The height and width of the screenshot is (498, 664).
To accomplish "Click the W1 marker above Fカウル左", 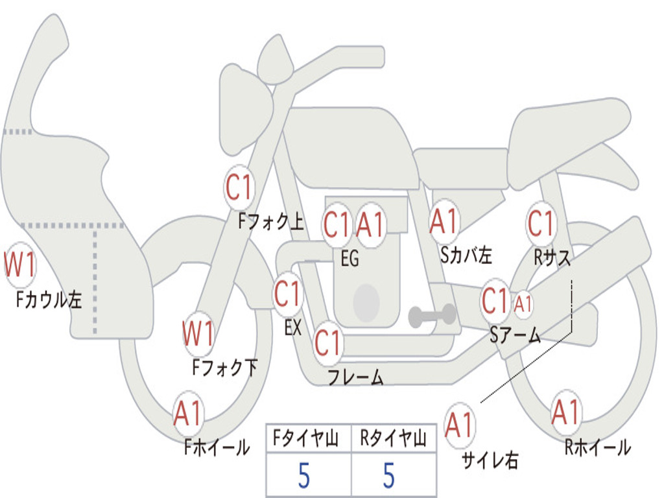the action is coord(19,265).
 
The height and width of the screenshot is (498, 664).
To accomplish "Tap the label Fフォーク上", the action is coord(271,220).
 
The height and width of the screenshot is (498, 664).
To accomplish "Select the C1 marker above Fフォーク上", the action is coord(239,187).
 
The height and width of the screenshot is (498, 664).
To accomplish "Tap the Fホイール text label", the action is coord(217,447).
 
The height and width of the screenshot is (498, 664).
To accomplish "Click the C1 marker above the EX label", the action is coord(288,294).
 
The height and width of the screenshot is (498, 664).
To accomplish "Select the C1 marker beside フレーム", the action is coord(327,343).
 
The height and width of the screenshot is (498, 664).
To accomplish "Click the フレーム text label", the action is coord(356,377).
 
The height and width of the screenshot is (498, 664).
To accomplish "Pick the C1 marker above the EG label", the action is coord(337,224).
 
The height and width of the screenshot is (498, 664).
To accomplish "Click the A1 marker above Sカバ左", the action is coord(444,221).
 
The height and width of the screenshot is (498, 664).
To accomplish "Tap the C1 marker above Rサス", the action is coord(541,223).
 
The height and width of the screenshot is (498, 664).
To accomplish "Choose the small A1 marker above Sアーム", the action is coord(523,303).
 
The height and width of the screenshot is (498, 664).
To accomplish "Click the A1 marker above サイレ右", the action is coord(460,425).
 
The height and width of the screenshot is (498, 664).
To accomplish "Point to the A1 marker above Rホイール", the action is coord(565,412).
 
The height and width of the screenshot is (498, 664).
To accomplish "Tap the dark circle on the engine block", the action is coord(366,302).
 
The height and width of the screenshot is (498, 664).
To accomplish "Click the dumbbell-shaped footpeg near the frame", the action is coord(432,316).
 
